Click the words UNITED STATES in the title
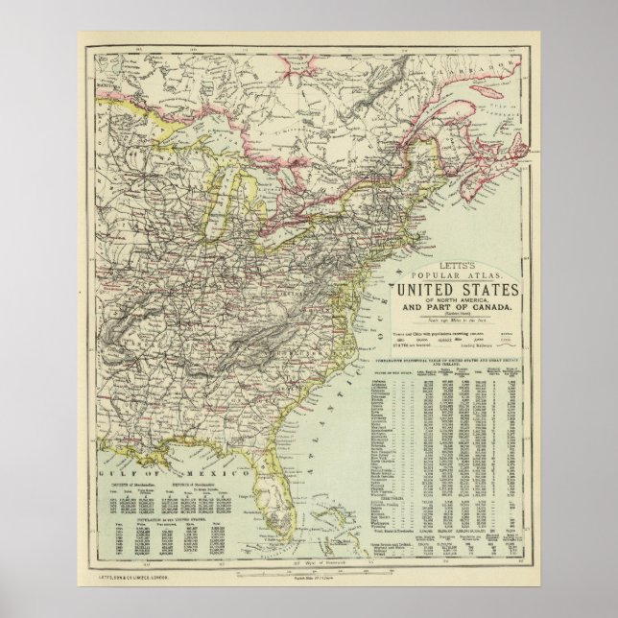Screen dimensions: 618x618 coord(458,293)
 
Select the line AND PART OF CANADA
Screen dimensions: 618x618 coord(458,306)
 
